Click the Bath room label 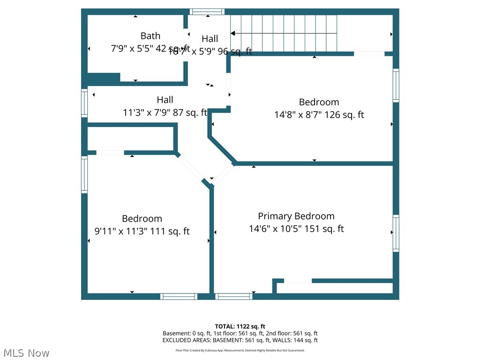tap(150, 36)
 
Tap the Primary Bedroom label tap(296, 216)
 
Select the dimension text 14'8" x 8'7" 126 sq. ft tap(319, 114)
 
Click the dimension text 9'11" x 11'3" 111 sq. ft tap(142, 231)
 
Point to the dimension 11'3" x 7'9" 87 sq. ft tap(165, 112)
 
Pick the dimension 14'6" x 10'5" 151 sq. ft tap(296, 229)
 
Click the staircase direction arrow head tap(233, 33)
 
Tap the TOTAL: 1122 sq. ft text tap(240, 326)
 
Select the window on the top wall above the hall tap(207, 12)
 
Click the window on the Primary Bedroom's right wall tap(396, 233)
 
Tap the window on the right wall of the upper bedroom tap(396, 85)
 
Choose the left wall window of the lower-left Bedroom tap(84, 174)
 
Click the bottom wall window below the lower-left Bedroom tap(179, 296)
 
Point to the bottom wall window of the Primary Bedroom tap(233, 296)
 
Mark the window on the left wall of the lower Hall tap(84, 103)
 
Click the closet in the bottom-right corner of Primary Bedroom tap(335, 288)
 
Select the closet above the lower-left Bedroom tap(131, 138)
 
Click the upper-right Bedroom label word tap(319, 102)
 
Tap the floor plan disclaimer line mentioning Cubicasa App tap(240, 350)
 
